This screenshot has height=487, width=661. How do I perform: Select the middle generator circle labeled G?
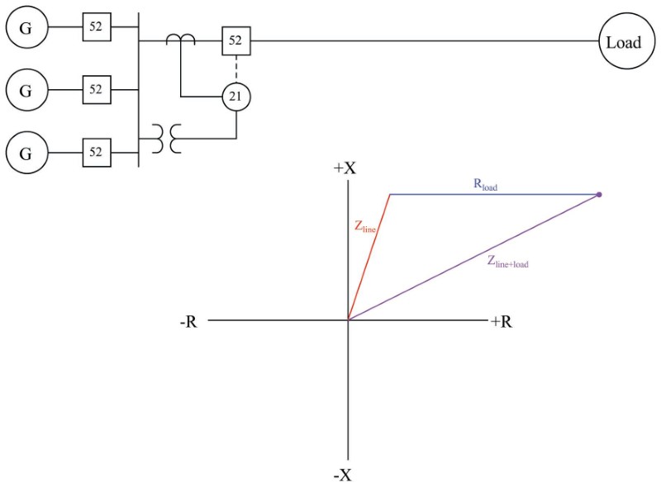pyautogui.click(x=26, y=90)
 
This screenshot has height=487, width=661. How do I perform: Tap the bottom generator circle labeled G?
pyautogui.click(x=26, y=153)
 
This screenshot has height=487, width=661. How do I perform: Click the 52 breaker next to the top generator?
pyautogui.click(x=96, y=27)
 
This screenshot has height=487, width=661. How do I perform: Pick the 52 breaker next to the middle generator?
pyautogui.click(x=96, y=89)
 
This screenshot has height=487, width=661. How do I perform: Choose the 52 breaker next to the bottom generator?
pyautogui.click(x=96, y=152)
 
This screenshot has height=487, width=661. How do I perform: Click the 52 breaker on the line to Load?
pyautogui.click(x=236, y=40)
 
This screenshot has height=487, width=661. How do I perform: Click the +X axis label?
pyautogui.click(x=345, y=168)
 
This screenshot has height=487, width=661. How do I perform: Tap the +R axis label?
pyautogui.click(x=501, y=322)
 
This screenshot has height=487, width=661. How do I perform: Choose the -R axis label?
pyautogui.click(x=188, y=322)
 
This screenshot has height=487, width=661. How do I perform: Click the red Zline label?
pyautogui.click(x=365, y=227)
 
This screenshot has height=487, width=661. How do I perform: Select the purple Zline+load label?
pyautogui.click(x=506, y=263)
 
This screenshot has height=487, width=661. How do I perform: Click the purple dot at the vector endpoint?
pyautogui.click(x=599, y=195)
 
